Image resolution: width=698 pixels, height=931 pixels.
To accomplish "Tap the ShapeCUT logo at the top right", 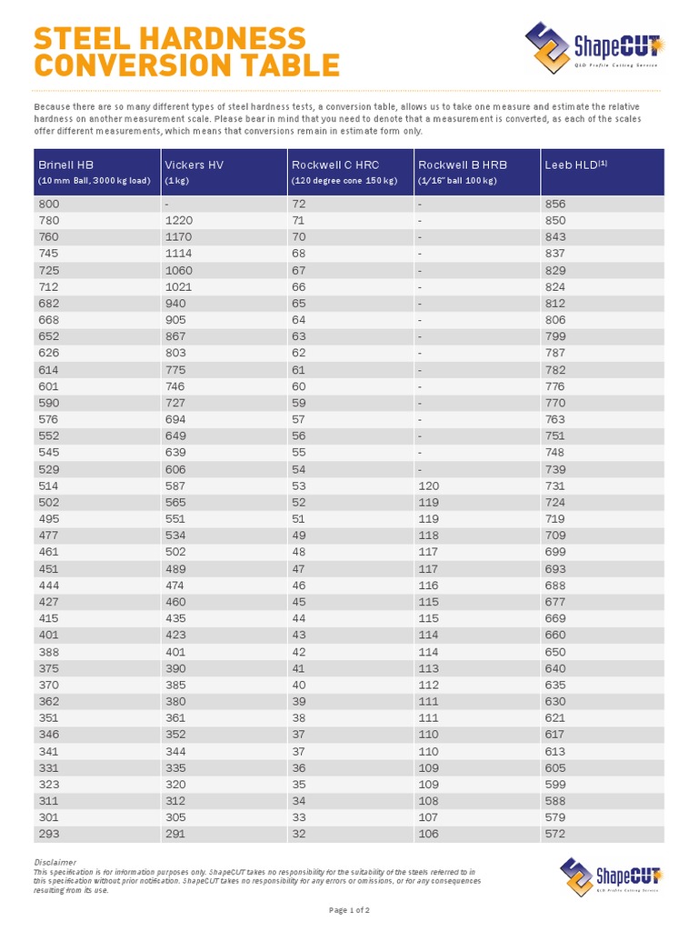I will point(594,45).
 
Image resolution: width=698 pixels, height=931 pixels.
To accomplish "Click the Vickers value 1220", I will point(179,221).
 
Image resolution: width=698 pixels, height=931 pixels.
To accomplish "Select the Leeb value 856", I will point(554,205).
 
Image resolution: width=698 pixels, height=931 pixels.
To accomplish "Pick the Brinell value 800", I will point(49,205).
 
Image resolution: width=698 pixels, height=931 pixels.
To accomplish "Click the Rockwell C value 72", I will point(299,205).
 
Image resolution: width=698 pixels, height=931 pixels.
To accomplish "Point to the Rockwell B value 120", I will point(428,486).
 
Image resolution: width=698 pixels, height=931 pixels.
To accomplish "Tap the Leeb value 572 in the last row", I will point(554,835).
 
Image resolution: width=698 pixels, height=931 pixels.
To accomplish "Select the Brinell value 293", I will point(49,835).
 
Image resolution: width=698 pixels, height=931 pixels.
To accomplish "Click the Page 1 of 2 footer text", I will point(349,910).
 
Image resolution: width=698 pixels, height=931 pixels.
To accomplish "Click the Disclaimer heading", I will point(55,862).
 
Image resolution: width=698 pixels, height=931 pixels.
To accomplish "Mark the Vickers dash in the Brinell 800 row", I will point(166,205).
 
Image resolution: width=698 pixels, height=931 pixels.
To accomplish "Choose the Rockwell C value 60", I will point(299,386).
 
